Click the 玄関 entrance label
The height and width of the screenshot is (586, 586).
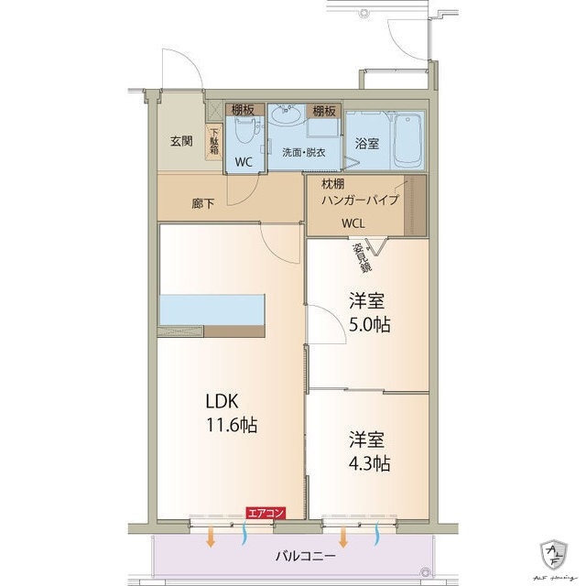[180, 141]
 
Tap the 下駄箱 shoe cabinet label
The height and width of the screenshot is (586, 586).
[214, 140]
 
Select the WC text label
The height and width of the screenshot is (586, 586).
[244, 161]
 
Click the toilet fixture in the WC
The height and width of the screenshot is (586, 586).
[243, 133]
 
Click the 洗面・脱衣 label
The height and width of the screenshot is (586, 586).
[303, 150]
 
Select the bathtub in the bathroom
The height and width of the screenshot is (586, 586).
[408, 141]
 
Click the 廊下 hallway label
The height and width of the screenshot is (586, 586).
[203, 203]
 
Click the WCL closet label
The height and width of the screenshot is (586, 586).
[354, 222]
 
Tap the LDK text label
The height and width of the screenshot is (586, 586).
[223, 401]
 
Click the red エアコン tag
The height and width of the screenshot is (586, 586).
[266, 514]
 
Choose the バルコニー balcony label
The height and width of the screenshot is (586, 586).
[305, 556]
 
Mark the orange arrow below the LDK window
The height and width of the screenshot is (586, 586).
[211, 537]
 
